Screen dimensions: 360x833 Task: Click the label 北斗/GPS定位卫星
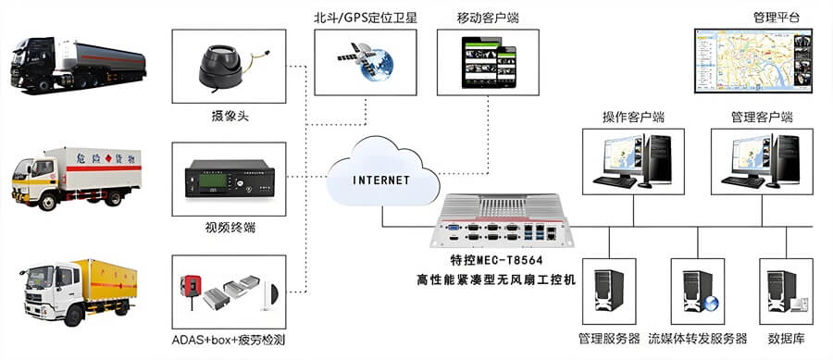click(x=366, y=16)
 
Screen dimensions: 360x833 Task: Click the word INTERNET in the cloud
click(x=381, y=180)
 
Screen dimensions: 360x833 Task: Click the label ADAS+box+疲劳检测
click(x=229, y=340)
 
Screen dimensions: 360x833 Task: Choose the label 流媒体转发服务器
click(x=697, y=339)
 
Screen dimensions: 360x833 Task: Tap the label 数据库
click(x=785, y=339)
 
